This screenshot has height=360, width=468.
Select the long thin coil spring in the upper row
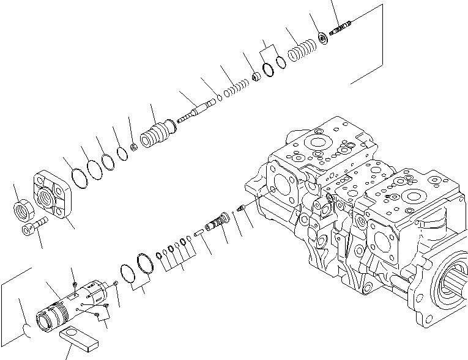pos(235,89)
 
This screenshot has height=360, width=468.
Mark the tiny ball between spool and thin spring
pos(218,98)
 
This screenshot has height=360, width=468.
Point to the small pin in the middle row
pos(198,232)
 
